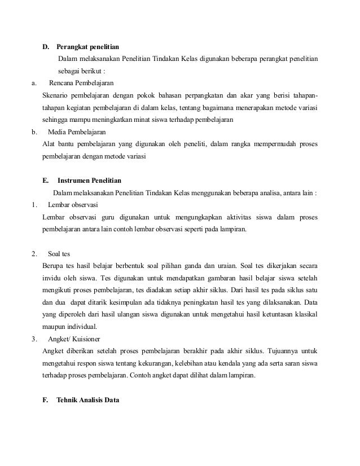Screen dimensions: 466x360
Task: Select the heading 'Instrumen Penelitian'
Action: pos(89,181)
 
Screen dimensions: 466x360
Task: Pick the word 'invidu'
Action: pos(52,278)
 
